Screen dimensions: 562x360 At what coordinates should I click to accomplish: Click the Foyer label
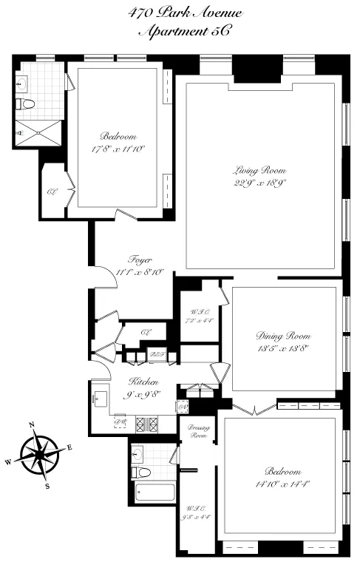[x=140, y=260]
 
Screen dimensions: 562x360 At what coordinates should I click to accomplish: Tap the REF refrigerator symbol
[x=156, y=355]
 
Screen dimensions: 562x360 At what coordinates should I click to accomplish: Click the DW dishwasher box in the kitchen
[x=120, y=423]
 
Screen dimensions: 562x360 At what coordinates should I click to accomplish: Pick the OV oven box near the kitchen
[x=182, y=406]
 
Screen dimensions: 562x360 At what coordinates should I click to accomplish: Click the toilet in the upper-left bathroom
[x=27, y=104]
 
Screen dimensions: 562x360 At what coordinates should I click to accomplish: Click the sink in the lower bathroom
[x=138, y=452]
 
